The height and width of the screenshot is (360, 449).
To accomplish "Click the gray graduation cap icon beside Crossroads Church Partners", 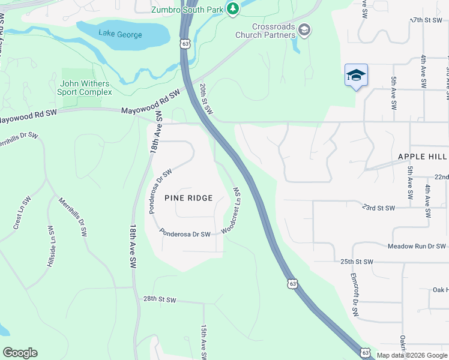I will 304,30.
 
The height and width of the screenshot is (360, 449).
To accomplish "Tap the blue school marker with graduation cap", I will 356,76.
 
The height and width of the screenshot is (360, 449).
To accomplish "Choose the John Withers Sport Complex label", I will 85,88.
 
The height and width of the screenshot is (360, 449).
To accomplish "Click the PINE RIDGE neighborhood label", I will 188,197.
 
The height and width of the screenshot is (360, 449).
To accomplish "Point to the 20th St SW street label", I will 206,98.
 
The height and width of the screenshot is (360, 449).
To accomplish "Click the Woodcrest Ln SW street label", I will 232,210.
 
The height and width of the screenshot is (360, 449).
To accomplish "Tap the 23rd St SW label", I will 379,208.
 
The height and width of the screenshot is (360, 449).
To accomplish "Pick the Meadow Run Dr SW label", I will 417,247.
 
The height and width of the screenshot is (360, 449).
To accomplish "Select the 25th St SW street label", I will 357,262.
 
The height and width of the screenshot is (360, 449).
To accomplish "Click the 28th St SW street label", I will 160,299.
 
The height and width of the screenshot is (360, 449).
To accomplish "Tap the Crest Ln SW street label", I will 21,213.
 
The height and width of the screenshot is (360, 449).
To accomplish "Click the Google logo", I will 20,353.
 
